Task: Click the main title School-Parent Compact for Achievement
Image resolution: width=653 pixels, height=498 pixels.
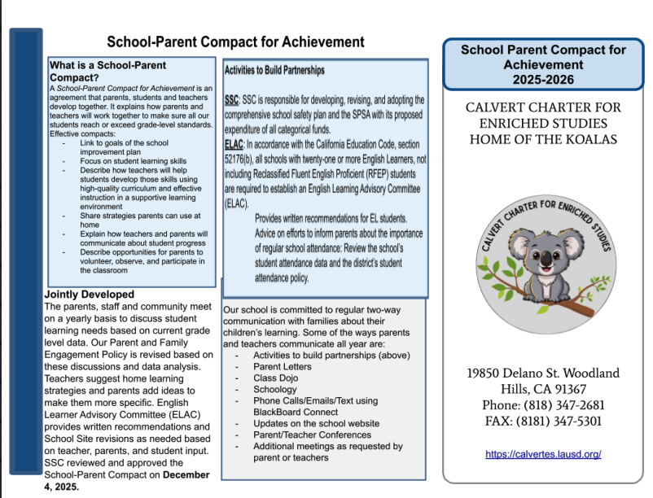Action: click(x=236, y=41)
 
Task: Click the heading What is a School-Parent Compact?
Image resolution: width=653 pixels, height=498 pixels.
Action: click(x=107, y=71)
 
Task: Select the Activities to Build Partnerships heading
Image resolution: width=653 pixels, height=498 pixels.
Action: click(x=274, y=71)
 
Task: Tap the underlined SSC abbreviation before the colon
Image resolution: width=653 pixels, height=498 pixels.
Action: click(x=231, y=99)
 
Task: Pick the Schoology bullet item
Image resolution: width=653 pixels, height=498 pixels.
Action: click(x=275, y=390)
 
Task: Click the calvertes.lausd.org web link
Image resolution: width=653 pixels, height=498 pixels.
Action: click(x=543, y=453)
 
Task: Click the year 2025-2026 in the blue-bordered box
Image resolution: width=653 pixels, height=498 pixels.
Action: click(x=543, y=80)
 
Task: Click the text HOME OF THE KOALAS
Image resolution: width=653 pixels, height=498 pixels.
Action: click(x=543, y=139)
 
